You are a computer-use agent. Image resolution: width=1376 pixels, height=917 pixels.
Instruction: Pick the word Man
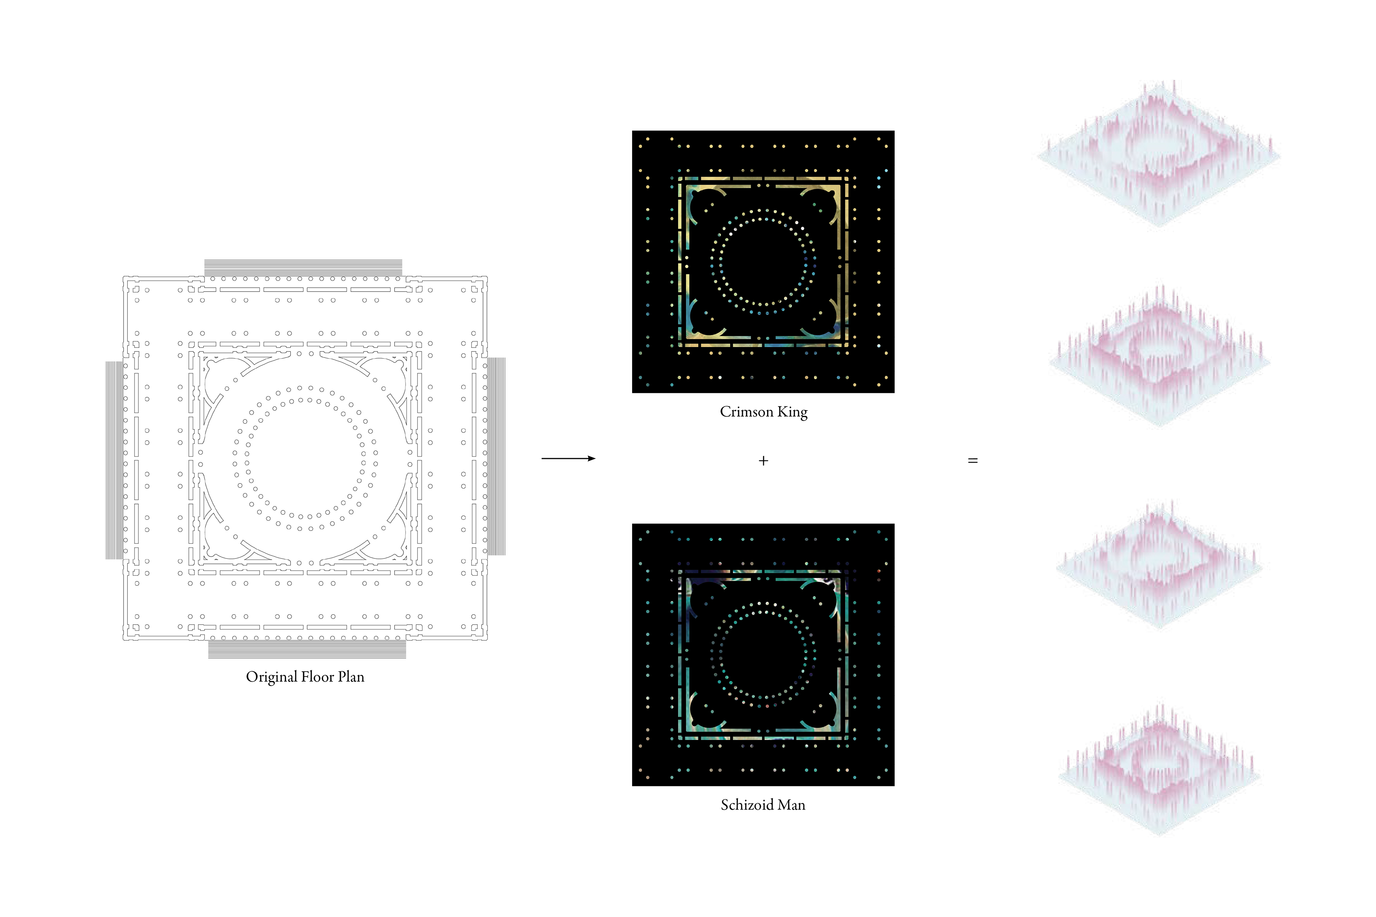[790, 805]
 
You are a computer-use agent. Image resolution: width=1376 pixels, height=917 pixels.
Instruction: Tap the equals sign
[973, 461]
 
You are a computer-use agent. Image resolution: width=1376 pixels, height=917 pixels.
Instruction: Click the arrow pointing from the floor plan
[568, 458]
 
